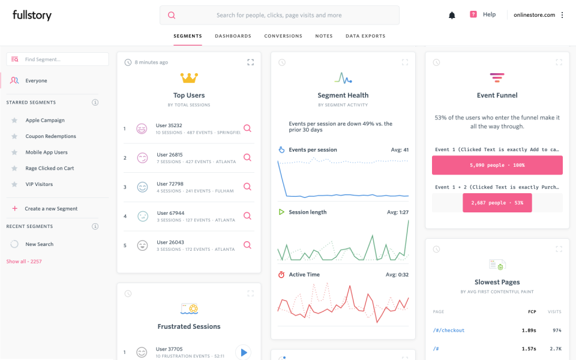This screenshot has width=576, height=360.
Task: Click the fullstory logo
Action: tap(32, 15)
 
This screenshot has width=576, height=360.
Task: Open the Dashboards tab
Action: tap(233, 36)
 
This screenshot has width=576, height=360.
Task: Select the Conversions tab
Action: tap(283, 36)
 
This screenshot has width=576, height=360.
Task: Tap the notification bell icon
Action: tap(452, 15)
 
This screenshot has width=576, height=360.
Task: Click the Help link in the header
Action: tap(489, 14)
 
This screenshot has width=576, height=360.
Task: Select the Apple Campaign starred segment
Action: tap(45, 120)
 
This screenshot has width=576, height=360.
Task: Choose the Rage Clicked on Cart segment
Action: tap(49, 168)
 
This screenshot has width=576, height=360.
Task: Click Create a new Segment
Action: tap(51, 208)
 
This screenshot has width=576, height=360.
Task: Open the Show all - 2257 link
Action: tap(24, 262)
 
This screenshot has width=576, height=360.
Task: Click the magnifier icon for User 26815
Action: tap(247, 158)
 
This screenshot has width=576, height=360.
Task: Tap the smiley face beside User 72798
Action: tap(142, 187)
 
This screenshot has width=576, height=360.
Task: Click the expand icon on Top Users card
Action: tap(251, 62)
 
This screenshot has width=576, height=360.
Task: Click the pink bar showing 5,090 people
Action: tap(497, 165)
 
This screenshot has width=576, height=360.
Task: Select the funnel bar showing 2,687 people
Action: tap(497, 203)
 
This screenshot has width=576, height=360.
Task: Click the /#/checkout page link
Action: tap(449, 330)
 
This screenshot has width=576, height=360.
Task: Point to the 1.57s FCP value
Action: tap(528, 349)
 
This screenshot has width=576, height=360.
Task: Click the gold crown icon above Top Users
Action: tap(189, 78)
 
